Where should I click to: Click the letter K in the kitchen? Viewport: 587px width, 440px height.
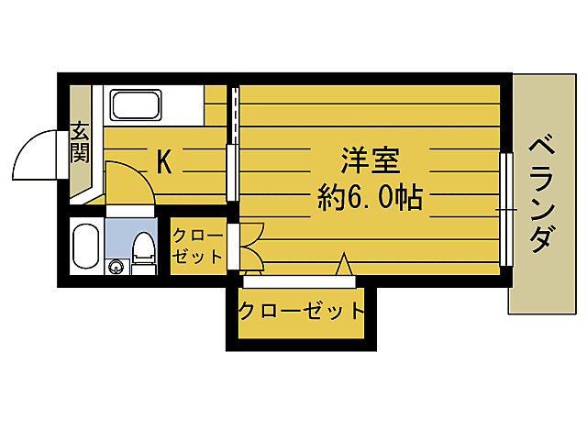click(164, 162)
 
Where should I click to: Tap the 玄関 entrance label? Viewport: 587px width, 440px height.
click(81, 143)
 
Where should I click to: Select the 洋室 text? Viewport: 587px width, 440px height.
click(370, 161)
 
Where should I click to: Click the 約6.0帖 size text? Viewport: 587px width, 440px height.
click(370, 196)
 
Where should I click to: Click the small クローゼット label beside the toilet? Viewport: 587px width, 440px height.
click(197, 246)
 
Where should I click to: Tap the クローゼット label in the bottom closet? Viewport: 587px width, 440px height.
click(302, 311)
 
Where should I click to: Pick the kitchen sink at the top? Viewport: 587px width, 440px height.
click(138, 104)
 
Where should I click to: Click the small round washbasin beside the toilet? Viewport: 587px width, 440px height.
click(116, 267)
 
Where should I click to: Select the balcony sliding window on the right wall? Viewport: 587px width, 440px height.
click(505, 210)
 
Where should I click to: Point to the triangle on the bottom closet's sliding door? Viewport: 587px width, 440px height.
click(344, 265)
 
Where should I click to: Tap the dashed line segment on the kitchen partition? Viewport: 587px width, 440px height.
click(234, 115)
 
